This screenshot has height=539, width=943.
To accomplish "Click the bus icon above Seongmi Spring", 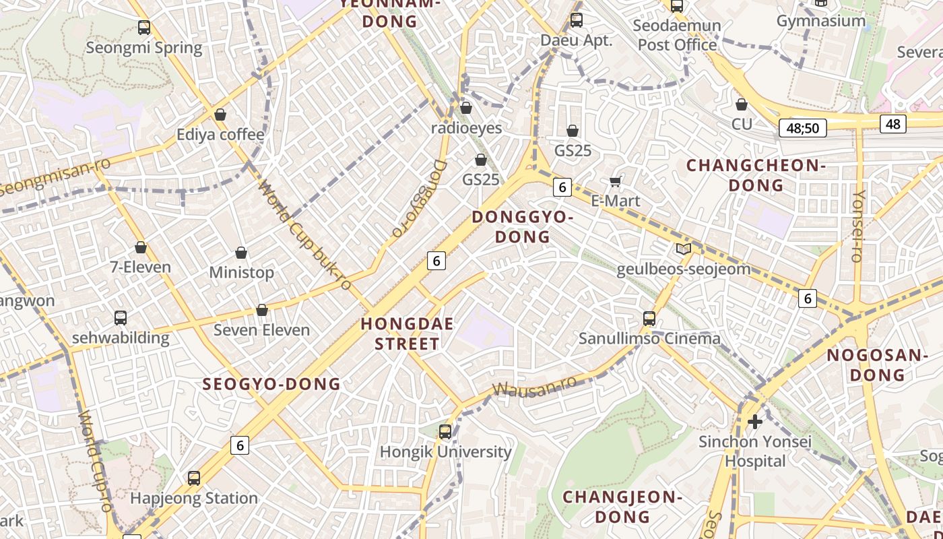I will pos(143,28).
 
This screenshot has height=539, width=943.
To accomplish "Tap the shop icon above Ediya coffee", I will pos(220,115).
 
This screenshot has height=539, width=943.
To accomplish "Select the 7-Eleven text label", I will pos(141,267).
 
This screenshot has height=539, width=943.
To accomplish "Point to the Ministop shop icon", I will pos(241,253).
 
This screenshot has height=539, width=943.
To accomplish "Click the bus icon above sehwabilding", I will pos(121,317).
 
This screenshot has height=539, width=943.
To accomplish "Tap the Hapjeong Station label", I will pos(194,498).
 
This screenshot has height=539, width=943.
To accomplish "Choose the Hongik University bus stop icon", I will pos(445,432).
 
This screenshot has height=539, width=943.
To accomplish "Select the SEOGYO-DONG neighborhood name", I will pos(272,384).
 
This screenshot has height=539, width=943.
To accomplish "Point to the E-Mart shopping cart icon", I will pos(615,181).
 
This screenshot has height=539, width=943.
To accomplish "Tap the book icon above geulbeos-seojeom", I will pos(684,249).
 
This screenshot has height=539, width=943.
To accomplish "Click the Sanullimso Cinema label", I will pos(649,338).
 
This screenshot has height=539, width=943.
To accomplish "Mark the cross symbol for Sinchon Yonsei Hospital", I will pos(755,422).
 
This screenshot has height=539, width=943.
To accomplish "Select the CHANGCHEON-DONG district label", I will pos(756,175).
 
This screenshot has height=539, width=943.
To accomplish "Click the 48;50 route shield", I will pos(802,128).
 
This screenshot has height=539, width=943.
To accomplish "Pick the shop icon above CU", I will pos(742,104).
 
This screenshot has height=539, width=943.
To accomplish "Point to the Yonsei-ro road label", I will pos(857,226).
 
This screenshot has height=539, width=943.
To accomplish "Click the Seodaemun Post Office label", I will pos(677,35).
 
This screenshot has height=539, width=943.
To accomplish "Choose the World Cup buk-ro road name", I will pos(305,235).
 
